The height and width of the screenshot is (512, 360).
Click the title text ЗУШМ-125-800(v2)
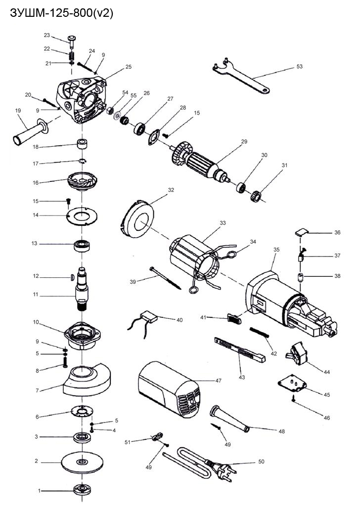tap(62, 14)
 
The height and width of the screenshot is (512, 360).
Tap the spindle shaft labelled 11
tap(82, 295)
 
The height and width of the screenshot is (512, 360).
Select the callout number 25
tap(129, 66)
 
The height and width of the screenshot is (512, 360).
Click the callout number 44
tap(327, 371)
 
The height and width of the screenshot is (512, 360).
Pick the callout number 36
tap(337, 232)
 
